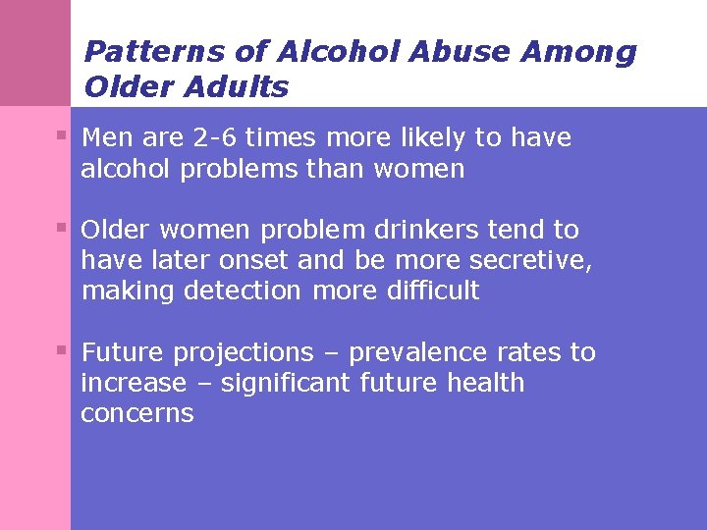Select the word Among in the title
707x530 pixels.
point(582,51)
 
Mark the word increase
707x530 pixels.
point(133,383)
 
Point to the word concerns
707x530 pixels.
point(137,413)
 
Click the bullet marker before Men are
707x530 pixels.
point(62,133)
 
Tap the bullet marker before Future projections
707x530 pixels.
point(62,348)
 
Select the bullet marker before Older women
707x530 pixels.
point(62,226)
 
